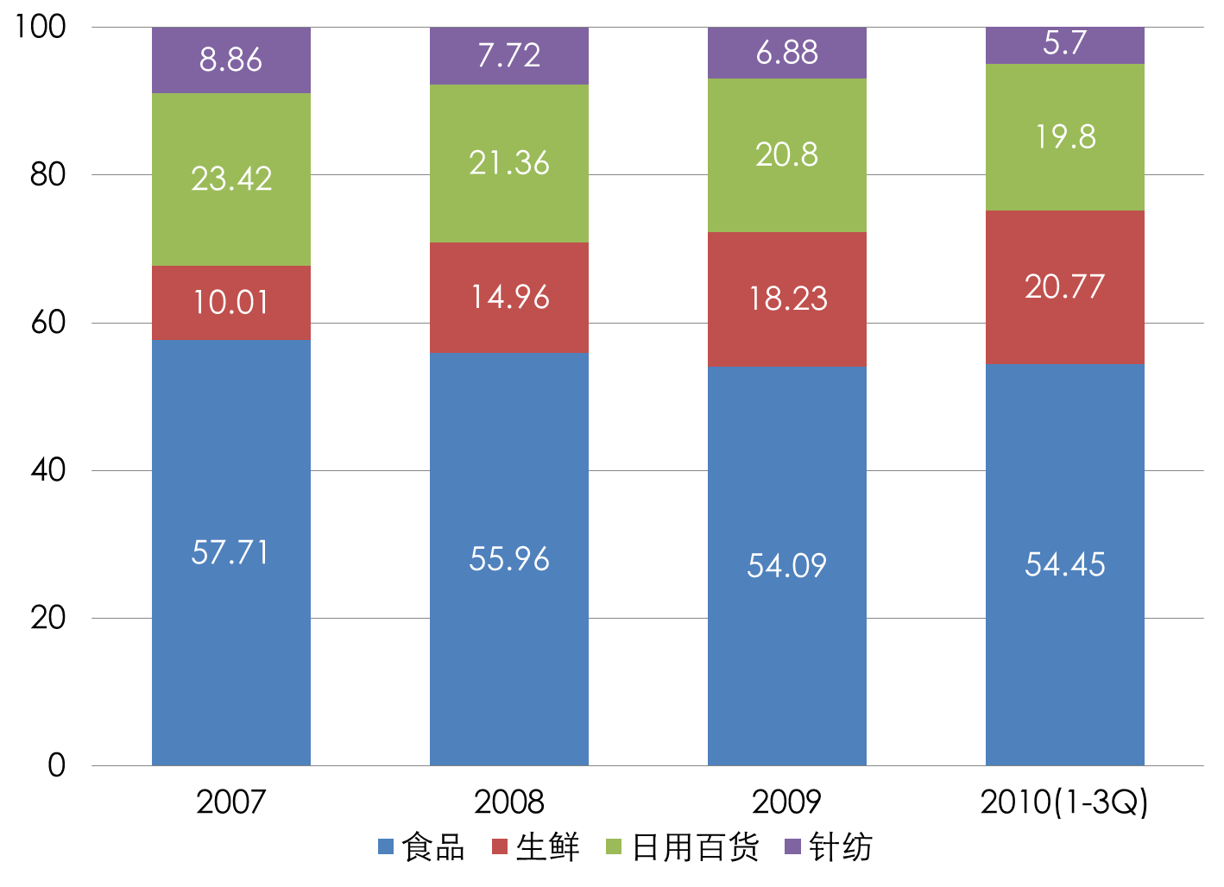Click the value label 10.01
230,303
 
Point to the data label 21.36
509,163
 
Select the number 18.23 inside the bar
787,299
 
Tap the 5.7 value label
1064,43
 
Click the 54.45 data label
1064,564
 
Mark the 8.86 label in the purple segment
230,60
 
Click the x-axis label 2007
230,802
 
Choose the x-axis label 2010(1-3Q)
1064,802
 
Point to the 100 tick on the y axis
40,26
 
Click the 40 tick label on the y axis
48,469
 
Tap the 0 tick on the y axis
56,764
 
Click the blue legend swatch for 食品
386,846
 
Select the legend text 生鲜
547,847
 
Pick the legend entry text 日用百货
695,847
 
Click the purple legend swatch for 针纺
792,846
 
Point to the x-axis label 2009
786,802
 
